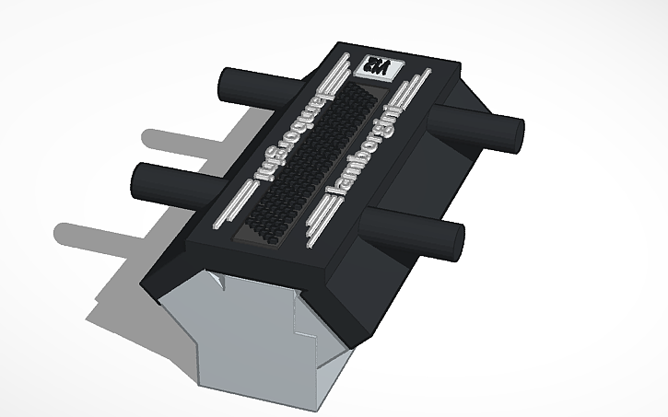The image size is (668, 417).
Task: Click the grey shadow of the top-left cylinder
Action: [x=184, y=138]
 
